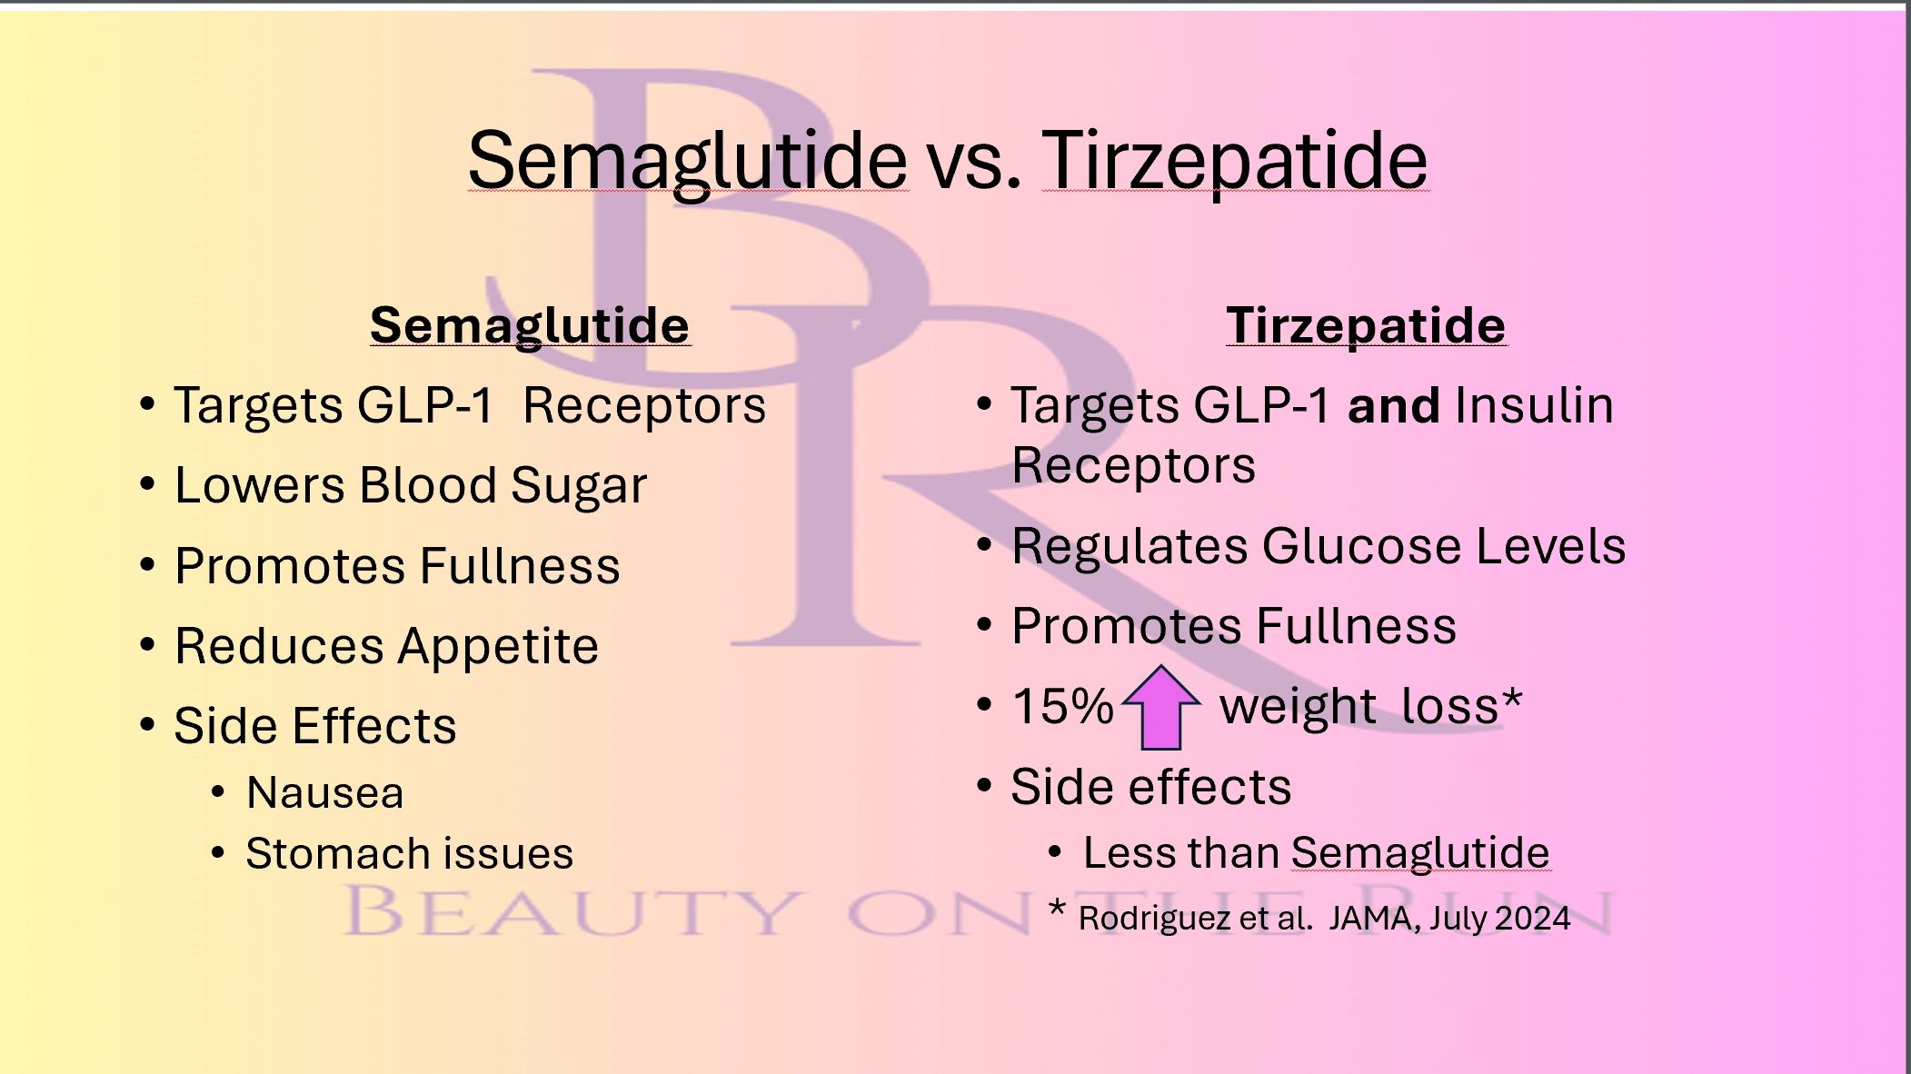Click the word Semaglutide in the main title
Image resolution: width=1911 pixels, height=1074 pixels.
coord(687,160)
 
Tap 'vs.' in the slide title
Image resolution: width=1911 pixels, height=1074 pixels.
coord(974,162)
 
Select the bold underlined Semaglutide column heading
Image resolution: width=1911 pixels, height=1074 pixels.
coord(530,325)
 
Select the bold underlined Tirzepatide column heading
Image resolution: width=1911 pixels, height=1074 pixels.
coord(1366,325)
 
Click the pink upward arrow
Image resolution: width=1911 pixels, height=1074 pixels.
coord(1161,709)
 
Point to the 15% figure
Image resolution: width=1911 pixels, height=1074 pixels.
coord(1062,706)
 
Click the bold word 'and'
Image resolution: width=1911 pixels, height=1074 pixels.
coord(1393,405)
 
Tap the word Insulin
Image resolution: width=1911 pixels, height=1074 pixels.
coord(1533,405)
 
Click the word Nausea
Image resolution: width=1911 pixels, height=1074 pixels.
coord(324,792)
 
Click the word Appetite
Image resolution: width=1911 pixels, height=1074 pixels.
coord(498,647)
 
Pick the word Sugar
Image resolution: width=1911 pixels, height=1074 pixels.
coord(578,486)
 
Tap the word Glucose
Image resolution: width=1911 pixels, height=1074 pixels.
coord(1361,546)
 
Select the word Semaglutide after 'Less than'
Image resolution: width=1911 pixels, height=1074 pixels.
coord(1419,852)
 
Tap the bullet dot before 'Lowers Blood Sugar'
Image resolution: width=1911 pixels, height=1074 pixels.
coord(147,483)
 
